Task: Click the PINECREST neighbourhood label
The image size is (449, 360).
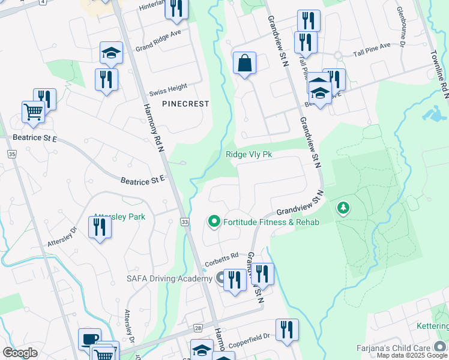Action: click(x=185, y=104)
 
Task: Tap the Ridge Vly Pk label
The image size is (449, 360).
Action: click(x=249, y=154)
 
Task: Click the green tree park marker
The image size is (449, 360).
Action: click(x=343, y=208)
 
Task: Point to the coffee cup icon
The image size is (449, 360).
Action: click(x=89, y=339)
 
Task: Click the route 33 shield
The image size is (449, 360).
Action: click(x=184, y=223)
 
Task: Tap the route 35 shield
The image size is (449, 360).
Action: click(x=11, y=154)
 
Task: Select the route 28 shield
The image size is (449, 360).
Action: click(x=197, y=328)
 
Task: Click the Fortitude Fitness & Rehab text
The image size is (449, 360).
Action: click(x=270, y=222)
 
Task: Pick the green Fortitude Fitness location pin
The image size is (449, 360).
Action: click(x=213, y=222)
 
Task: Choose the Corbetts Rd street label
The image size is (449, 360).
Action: click(x=221, y=255)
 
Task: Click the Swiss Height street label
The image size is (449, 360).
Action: click(x=169, y=88)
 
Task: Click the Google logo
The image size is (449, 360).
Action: click(x=20, y=353)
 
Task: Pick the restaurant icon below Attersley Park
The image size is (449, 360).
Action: click(x=99, y=227)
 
